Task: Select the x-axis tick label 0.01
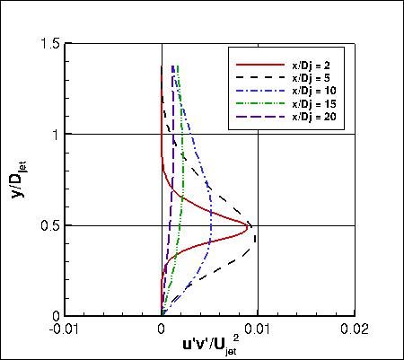(259, 329)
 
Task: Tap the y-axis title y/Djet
(20, 180)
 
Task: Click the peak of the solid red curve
(249, 224)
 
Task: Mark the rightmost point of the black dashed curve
(256, 239)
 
